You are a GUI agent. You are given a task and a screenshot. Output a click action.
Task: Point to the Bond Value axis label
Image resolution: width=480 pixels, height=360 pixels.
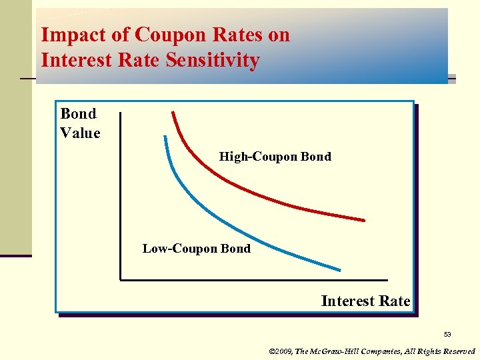point(80,123)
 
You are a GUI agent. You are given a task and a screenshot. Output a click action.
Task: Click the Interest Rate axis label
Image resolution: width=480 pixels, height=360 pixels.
point(365,301)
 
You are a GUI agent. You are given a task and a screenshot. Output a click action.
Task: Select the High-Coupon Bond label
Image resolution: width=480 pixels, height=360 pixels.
point(275,157)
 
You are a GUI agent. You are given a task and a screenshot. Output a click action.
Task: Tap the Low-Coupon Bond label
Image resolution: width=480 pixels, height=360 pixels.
point(197,249)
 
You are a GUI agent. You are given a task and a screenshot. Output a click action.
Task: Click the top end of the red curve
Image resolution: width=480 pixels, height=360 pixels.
point(173,111)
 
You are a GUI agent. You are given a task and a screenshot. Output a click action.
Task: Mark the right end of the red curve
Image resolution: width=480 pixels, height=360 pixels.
point(364,219)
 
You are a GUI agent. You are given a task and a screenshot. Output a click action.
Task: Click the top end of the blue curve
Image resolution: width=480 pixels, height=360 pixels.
point(163,137)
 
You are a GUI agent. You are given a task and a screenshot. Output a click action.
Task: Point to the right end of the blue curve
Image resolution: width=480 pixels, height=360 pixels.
point(339,270)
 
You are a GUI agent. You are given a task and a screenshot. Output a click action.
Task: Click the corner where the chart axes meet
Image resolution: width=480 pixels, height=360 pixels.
point(121,279)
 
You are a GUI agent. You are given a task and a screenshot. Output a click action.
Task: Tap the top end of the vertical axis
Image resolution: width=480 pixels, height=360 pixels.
point(121,113)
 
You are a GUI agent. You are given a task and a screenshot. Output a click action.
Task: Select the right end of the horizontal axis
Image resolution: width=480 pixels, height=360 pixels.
point(387,279)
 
